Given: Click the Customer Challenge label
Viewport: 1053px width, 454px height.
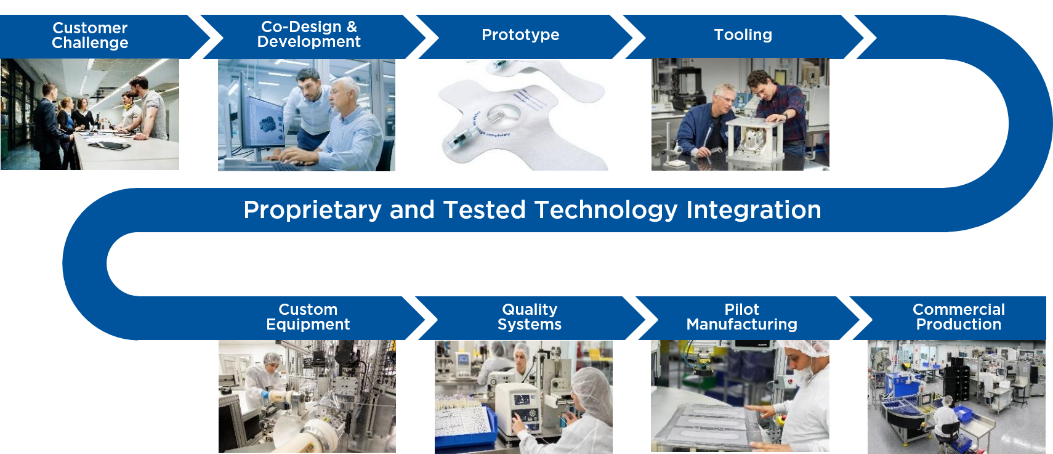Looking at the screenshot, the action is (x=90, y=35).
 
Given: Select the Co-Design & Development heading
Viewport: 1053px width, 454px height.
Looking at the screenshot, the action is (x=309, y=34).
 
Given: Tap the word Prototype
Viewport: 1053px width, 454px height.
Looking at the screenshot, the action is (x=520, y=35).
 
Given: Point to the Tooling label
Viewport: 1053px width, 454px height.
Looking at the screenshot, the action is (x=743, y=34).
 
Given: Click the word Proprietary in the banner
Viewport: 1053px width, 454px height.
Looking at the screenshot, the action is (x=312, y=210).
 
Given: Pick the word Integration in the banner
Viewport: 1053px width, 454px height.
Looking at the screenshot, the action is (x=754, y=210).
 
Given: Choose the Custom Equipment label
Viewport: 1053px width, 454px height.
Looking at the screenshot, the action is (x=308, y=317).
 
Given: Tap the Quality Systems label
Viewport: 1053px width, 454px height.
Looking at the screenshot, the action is (x=530, y=317).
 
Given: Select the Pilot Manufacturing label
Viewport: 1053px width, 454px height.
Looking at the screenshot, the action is (x=742, y=317).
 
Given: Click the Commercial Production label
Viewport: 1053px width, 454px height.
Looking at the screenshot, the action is (x=959, y=317).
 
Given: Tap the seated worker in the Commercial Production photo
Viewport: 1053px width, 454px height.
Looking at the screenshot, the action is (x=945, y=419).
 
